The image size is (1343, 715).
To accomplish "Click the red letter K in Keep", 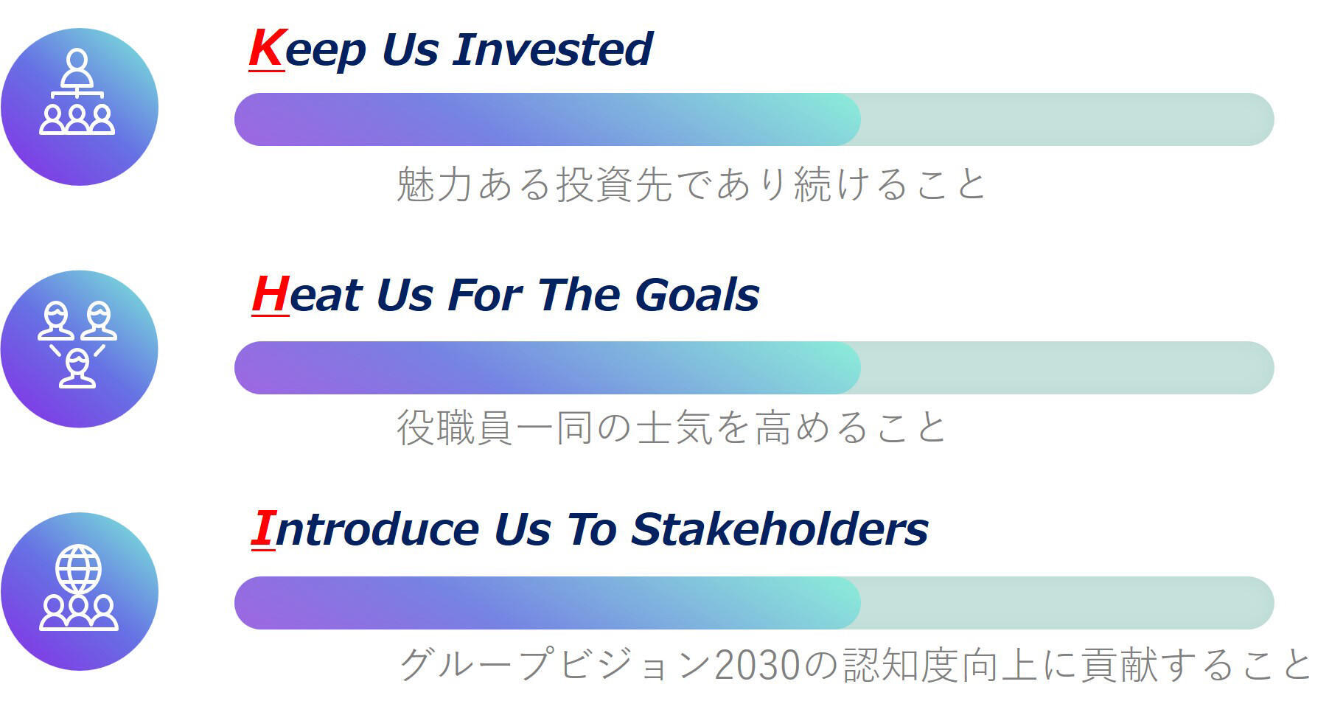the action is (266, 49).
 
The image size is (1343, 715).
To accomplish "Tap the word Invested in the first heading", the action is (553, 49).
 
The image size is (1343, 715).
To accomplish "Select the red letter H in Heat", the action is (270, 295).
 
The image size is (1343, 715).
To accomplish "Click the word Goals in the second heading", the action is (697, 295).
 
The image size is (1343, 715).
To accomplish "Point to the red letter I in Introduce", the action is (263, 529).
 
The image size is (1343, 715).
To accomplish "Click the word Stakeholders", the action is (780, 529).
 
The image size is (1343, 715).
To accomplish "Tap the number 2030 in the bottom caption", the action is (757, 664).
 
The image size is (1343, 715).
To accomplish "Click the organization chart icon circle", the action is (80, 107).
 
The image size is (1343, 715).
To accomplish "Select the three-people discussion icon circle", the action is (80, 349).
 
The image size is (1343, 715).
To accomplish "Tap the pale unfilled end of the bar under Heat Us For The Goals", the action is (1067, 368).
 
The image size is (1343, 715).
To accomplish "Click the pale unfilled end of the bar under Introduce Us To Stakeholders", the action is (1067, 603).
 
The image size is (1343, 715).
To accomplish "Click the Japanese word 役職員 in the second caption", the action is (455, 428).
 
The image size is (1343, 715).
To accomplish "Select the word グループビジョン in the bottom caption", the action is (557, 664).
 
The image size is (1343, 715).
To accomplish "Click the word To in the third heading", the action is (591, 529).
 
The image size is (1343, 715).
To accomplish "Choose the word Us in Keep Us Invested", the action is (410, 49).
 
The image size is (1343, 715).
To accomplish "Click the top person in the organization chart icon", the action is (77, 69).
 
